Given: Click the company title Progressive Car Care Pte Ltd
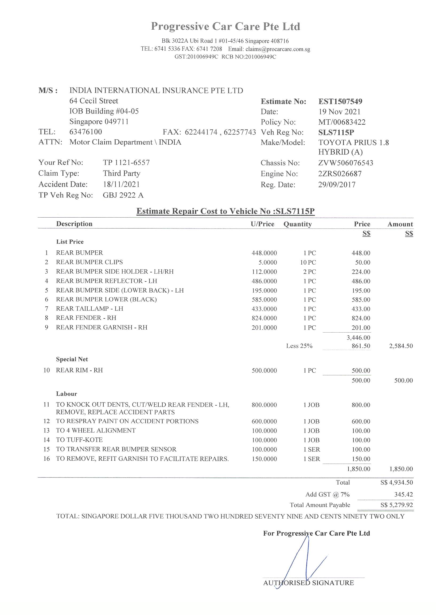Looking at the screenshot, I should [225, 26].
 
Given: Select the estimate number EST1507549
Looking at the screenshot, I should [340, 101].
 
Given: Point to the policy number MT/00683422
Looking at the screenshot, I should [342, 122].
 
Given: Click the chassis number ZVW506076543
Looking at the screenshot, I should [345, 163].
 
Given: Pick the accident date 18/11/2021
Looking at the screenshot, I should [121, 184].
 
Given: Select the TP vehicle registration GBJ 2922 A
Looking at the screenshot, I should [123, 195].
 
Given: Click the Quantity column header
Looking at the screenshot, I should [297, 224].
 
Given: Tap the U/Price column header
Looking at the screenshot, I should [262, 224].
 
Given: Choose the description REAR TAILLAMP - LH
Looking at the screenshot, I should [89, 309].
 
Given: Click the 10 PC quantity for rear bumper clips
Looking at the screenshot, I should [308, 262].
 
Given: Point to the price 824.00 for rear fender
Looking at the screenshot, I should [361, 318].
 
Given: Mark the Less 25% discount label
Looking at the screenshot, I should [299, 346].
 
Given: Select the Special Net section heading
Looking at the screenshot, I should [72, 359].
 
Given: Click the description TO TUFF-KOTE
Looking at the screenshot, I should [79, 440].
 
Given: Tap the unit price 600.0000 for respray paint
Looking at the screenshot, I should [264, 421].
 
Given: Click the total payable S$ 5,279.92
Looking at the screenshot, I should [396, 505].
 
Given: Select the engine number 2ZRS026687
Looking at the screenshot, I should [340, 174].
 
